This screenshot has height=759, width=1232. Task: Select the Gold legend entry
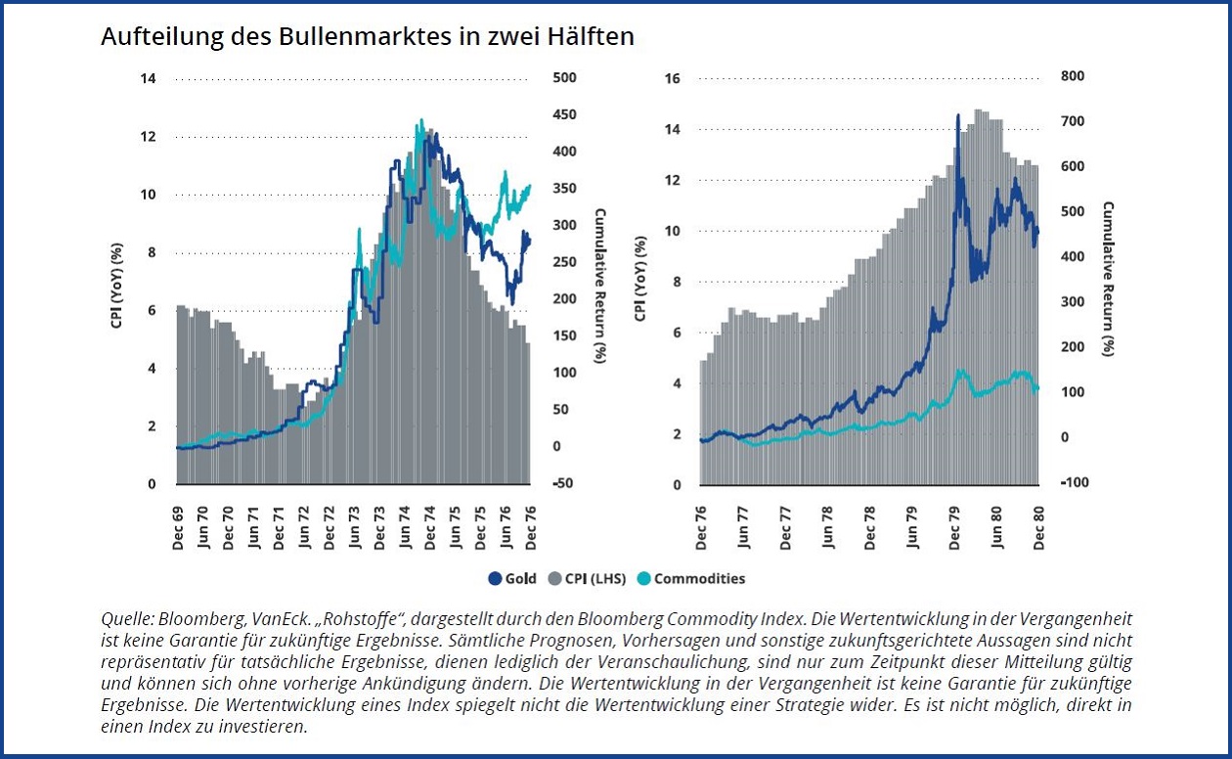(512, 578)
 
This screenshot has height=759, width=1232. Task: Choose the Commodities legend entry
(691, 578)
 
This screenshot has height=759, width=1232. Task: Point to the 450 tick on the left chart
(566, 115)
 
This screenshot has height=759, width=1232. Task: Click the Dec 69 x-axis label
(178, 527)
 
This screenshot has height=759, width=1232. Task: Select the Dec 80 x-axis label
(1039, 527)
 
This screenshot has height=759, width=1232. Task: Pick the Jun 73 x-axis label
(354, 527)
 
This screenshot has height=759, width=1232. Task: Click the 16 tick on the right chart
(672, 79)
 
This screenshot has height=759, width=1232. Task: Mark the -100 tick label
(1076, 483)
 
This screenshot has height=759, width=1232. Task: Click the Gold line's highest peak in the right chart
(958, 115)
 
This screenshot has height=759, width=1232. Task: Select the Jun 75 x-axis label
(455, 527)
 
